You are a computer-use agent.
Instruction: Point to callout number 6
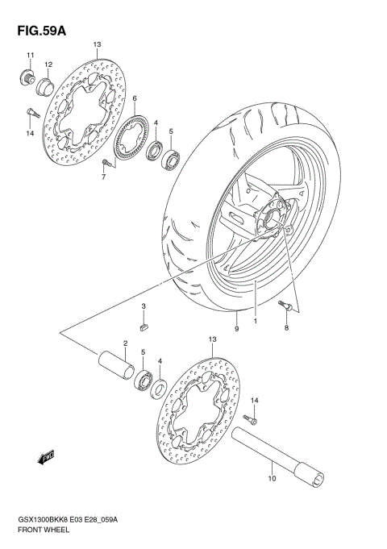(135, 99)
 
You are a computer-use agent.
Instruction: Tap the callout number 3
(143, 307)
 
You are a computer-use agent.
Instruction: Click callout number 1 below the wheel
(255, 319)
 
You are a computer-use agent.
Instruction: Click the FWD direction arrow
(46, 458)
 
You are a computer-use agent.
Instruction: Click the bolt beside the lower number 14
(253, 418)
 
